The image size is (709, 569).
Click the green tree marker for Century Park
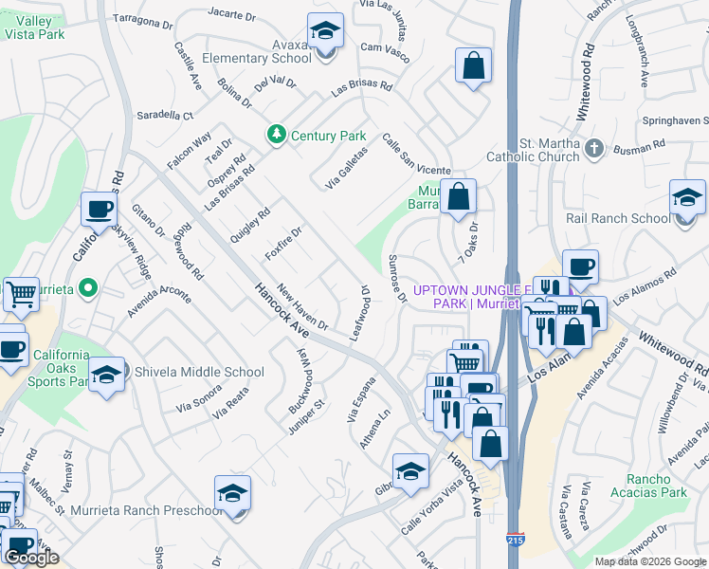click(x=277, y=136)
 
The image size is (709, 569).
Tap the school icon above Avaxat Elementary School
click(x=325, y=32)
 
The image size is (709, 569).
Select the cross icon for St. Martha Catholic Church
click(x=593, y=147)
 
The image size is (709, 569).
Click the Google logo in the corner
click(x=31, y=558)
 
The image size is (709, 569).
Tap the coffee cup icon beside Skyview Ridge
click(x=99, y=208)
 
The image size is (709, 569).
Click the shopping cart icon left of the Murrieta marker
click(x=20, y=293)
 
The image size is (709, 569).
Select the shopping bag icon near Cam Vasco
click(x=473, y=65)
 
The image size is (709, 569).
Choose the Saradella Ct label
click(x=163, y=115)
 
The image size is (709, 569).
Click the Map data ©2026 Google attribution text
click(x=650, y=561)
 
